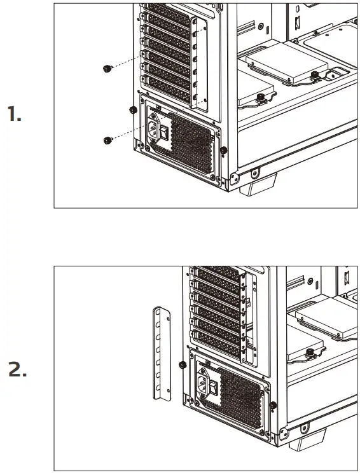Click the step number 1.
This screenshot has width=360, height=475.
click(15, 115)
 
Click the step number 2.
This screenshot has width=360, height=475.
click(17, 370)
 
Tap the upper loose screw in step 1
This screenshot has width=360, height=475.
click(107, 69)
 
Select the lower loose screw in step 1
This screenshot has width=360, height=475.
click(107, 139)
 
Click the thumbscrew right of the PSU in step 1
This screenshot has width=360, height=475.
click(224, 151)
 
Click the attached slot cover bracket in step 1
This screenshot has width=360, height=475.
click(202, 64)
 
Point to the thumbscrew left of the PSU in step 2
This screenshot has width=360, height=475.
click(183, 365)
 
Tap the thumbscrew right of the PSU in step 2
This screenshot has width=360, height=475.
click(273, 406)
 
